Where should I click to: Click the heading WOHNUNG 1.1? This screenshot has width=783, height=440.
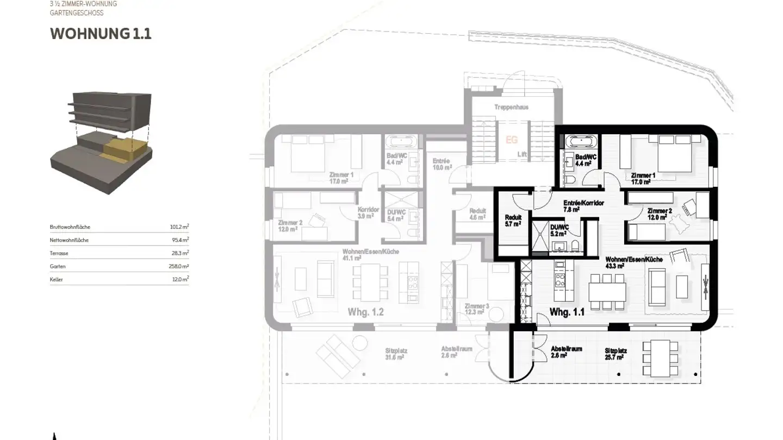click(x=101, y=34)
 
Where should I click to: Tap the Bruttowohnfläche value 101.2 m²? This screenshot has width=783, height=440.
click(x=179, y=227)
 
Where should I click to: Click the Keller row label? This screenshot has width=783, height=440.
click(x=57, y=280)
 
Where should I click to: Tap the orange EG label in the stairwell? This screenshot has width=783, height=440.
click(x=512, y=140)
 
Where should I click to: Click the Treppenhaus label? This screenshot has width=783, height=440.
click(x=511, y=108)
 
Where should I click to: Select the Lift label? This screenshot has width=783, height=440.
click(x=522, y=154)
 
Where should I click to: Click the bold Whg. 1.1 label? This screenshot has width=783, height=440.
click(x=567, y=312)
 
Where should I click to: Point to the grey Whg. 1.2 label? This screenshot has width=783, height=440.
click(x=365, y=312)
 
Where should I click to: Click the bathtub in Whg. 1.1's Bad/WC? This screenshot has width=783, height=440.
click(x=581, y=142)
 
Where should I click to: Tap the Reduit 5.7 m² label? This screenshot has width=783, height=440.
click(x=513, y=220)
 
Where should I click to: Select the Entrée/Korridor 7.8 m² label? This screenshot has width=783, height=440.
click(x=583, y=206)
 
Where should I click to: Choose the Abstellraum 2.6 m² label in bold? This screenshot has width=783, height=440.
click(x=565, y=352)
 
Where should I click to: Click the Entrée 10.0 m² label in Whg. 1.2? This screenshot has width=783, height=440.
click(x=442, y=165)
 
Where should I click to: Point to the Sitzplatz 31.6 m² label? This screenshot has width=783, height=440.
click(x=395, y=354)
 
